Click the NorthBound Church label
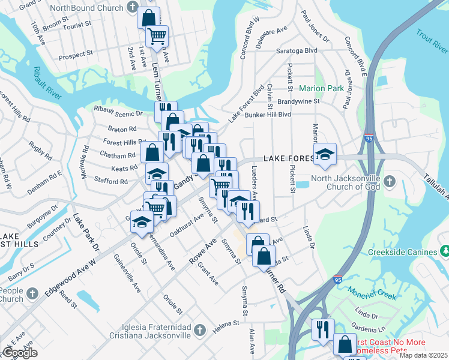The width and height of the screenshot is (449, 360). click(88, 8)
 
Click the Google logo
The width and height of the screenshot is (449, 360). click(20, 353)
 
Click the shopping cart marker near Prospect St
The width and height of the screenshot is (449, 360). click(157, 35)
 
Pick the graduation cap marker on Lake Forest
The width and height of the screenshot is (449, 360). click(325, 154)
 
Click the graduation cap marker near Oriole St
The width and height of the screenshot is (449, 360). click(142, 223)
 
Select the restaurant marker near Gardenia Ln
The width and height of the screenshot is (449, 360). click(322, 328)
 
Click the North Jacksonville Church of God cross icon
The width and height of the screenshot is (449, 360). click(390, 181)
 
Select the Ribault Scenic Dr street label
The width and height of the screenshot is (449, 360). click(118, 112)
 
